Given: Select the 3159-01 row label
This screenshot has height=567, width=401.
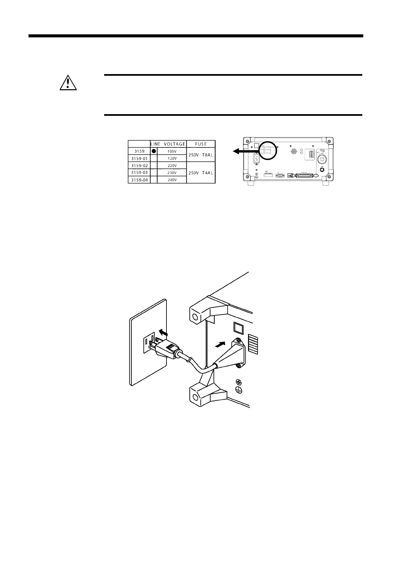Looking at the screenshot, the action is pos(139,158).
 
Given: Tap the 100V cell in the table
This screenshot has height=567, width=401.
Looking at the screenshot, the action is pos(172,151).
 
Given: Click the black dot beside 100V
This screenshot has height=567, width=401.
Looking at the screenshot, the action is pos(153,151).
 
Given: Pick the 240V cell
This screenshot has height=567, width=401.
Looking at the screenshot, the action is pos(172,180).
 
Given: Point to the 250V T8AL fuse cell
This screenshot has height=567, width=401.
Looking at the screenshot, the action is pos(201,155).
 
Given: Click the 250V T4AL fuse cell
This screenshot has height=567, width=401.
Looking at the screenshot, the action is pos(201,173).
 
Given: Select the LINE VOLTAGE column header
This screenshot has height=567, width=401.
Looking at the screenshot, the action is pos(168,144).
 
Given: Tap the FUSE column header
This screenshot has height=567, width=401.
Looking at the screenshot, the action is pos(201,144).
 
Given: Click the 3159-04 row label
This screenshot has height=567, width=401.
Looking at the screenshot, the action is pos(139,180).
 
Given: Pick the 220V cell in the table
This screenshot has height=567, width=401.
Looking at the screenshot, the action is pos(172,166).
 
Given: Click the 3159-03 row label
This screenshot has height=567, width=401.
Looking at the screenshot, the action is pos(139,173).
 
